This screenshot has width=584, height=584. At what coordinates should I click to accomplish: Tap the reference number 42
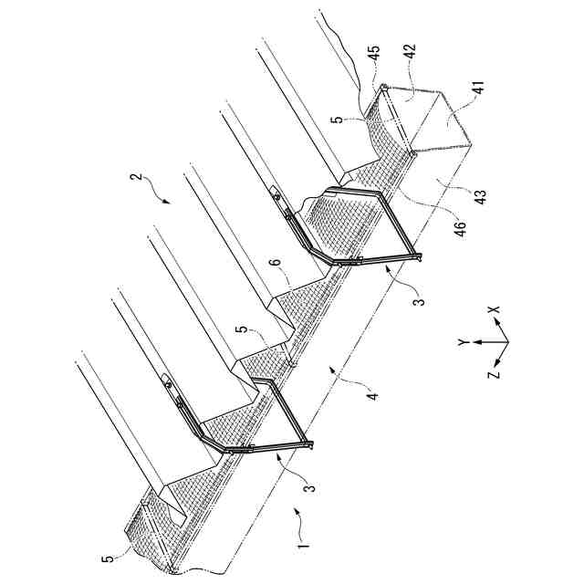(412, 55)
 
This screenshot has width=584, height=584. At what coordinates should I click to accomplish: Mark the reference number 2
(137, 182)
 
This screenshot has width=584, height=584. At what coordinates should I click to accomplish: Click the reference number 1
(305, 551)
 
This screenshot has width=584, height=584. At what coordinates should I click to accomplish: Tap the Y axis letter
(463, 342)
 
